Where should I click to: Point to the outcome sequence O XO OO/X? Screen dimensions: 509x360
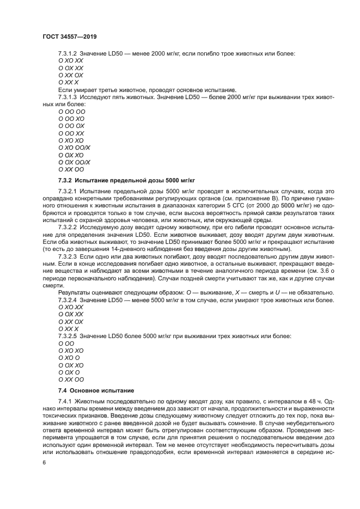pos(74,148)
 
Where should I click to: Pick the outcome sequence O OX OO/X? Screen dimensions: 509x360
pos(74,162)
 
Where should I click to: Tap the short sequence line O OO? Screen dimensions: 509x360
pos(66,344)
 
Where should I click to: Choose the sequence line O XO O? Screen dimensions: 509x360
pos(69,358)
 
